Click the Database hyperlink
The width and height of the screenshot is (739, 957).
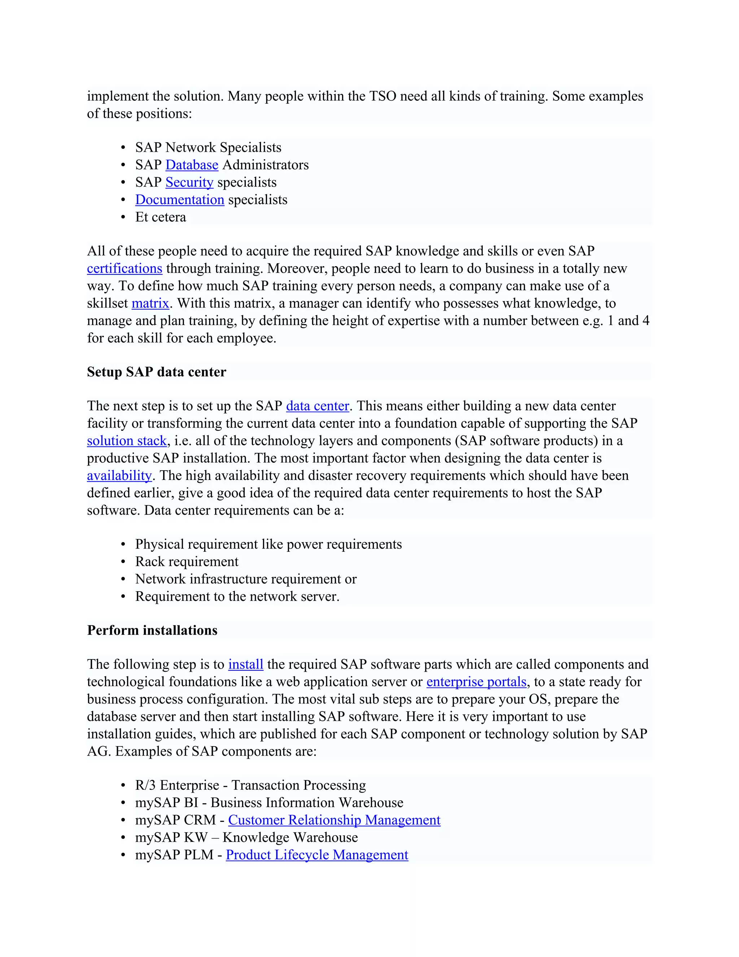click(x=192, y=165)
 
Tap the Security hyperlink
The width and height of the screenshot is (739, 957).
click(x=189, y=182)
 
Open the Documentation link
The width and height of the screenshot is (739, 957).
click(x=179, y=200)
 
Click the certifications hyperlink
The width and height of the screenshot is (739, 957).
click(x=124, y=268)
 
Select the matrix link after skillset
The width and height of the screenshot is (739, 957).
click(x=150, y=303)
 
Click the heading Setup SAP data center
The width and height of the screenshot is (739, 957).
click(x=156, y=372)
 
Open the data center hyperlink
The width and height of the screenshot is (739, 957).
click(x=318, y=406)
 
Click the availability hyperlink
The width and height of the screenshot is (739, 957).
click(x=119, y=476)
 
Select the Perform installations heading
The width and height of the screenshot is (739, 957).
click(x=152, y=630)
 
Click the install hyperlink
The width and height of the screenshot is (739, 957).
click(x=246, y=664)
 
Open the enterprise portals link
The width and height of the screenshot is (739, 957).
click(x=476, y=682)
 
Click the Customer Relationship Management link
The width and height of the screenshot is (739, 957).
click(x=334, y=820)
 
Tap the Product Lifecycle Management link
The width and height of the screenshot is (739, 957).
click(x=317, y=855)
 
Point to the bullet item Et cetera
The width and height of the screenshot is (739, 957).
click(x=161, y=217)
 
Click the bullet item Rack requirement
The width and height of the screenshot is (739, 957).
click(x=187, y=562)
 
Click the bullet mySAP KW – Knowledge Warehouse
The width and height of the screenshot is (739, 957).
click(x=246, y=837)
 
